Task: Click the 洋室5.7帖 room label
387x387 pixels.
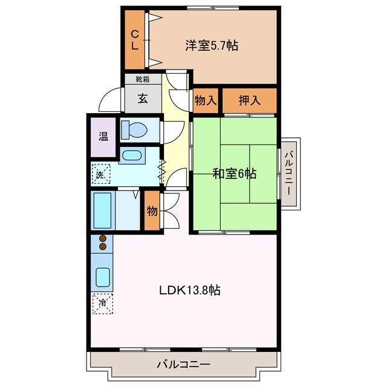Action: pyautogui.click(x=211, y=45)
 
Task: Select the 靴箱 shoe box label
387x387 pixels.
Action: pyautogui.click(x=143, y=79)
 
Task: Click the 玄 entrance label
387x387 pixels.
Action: pyautogui.click(x=143, y=99)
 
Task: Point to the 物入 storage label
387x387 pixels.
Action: pyautogui.click(x=206, y=100)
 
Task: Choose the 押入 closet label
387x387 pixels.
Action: pyautogui.click(x=249, y=100)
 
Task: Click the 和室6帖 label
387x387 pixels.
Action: pyautogui.click(x=234, y=174)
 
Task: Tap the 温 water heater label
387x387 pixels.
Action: pyautogui.click(x=103, y=137)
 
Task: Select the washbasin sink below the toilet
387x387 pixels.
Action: pyautogui.click(x=131, y=156)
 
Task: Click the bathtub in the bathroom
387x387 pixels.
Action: pyautogui.click(x=103, y=210)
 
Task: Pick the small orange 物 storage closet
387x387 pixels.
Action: pyautogui.click(x=152, y=212)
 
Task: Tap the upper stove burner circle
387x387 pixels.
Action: pyautogui.click(x=103, y=238)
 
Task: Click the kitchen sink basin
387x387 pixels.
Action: pyautogui.click(x=103, y=278)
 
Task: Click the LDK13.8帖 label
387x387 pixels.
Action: pyautogui.click(x=189, y=290)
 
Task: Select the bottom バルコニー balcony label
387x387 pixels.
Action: pyautogui.click(x=183, y=365)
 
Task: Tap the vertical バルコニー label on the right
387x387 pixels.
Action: pyautogui.click(x=289, y=172)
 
